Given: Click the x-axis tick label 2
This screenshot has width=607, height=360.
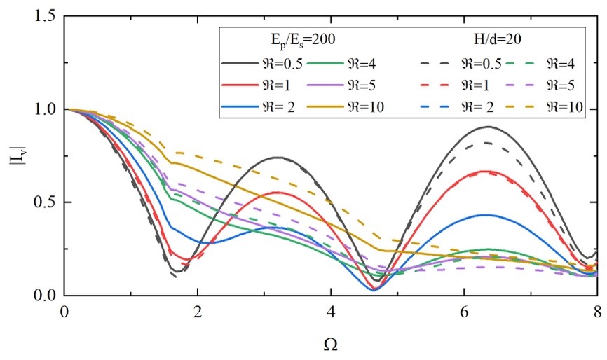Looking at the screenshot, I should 198,311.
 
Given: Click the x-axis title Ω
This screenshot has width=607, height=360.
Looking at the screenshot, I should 330,344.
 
